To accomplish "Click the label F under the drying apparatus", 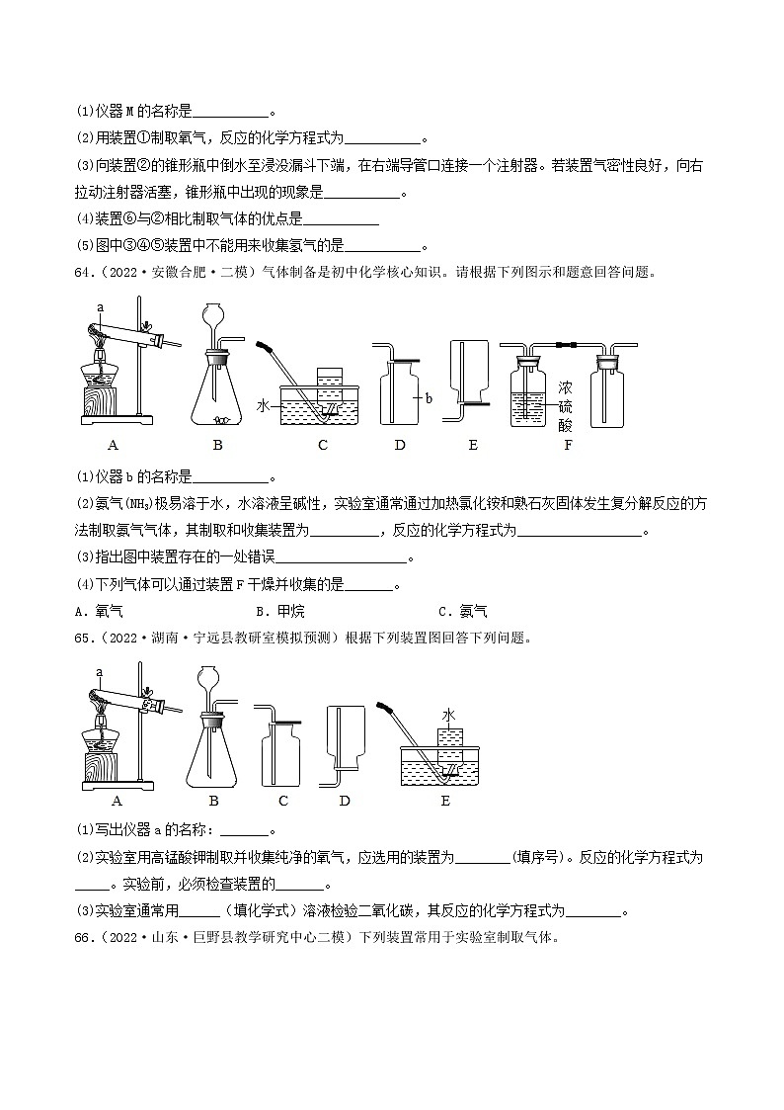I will (567, 445).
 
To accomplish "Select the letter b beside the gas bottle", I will (430, 397).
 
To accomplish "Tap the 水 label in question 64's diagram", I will (264, 405).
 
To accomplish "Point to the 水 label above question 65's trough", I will (448, 715).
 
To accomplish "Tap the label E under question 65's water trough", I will (445, 801).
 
